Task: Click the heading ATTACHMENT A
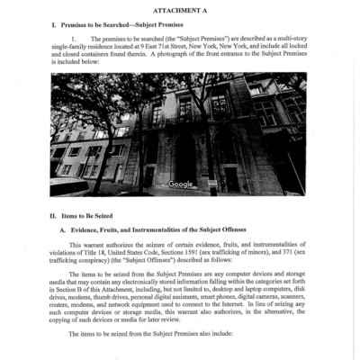pos(180,8)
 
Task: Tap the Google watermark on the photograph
pos(181,184)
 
